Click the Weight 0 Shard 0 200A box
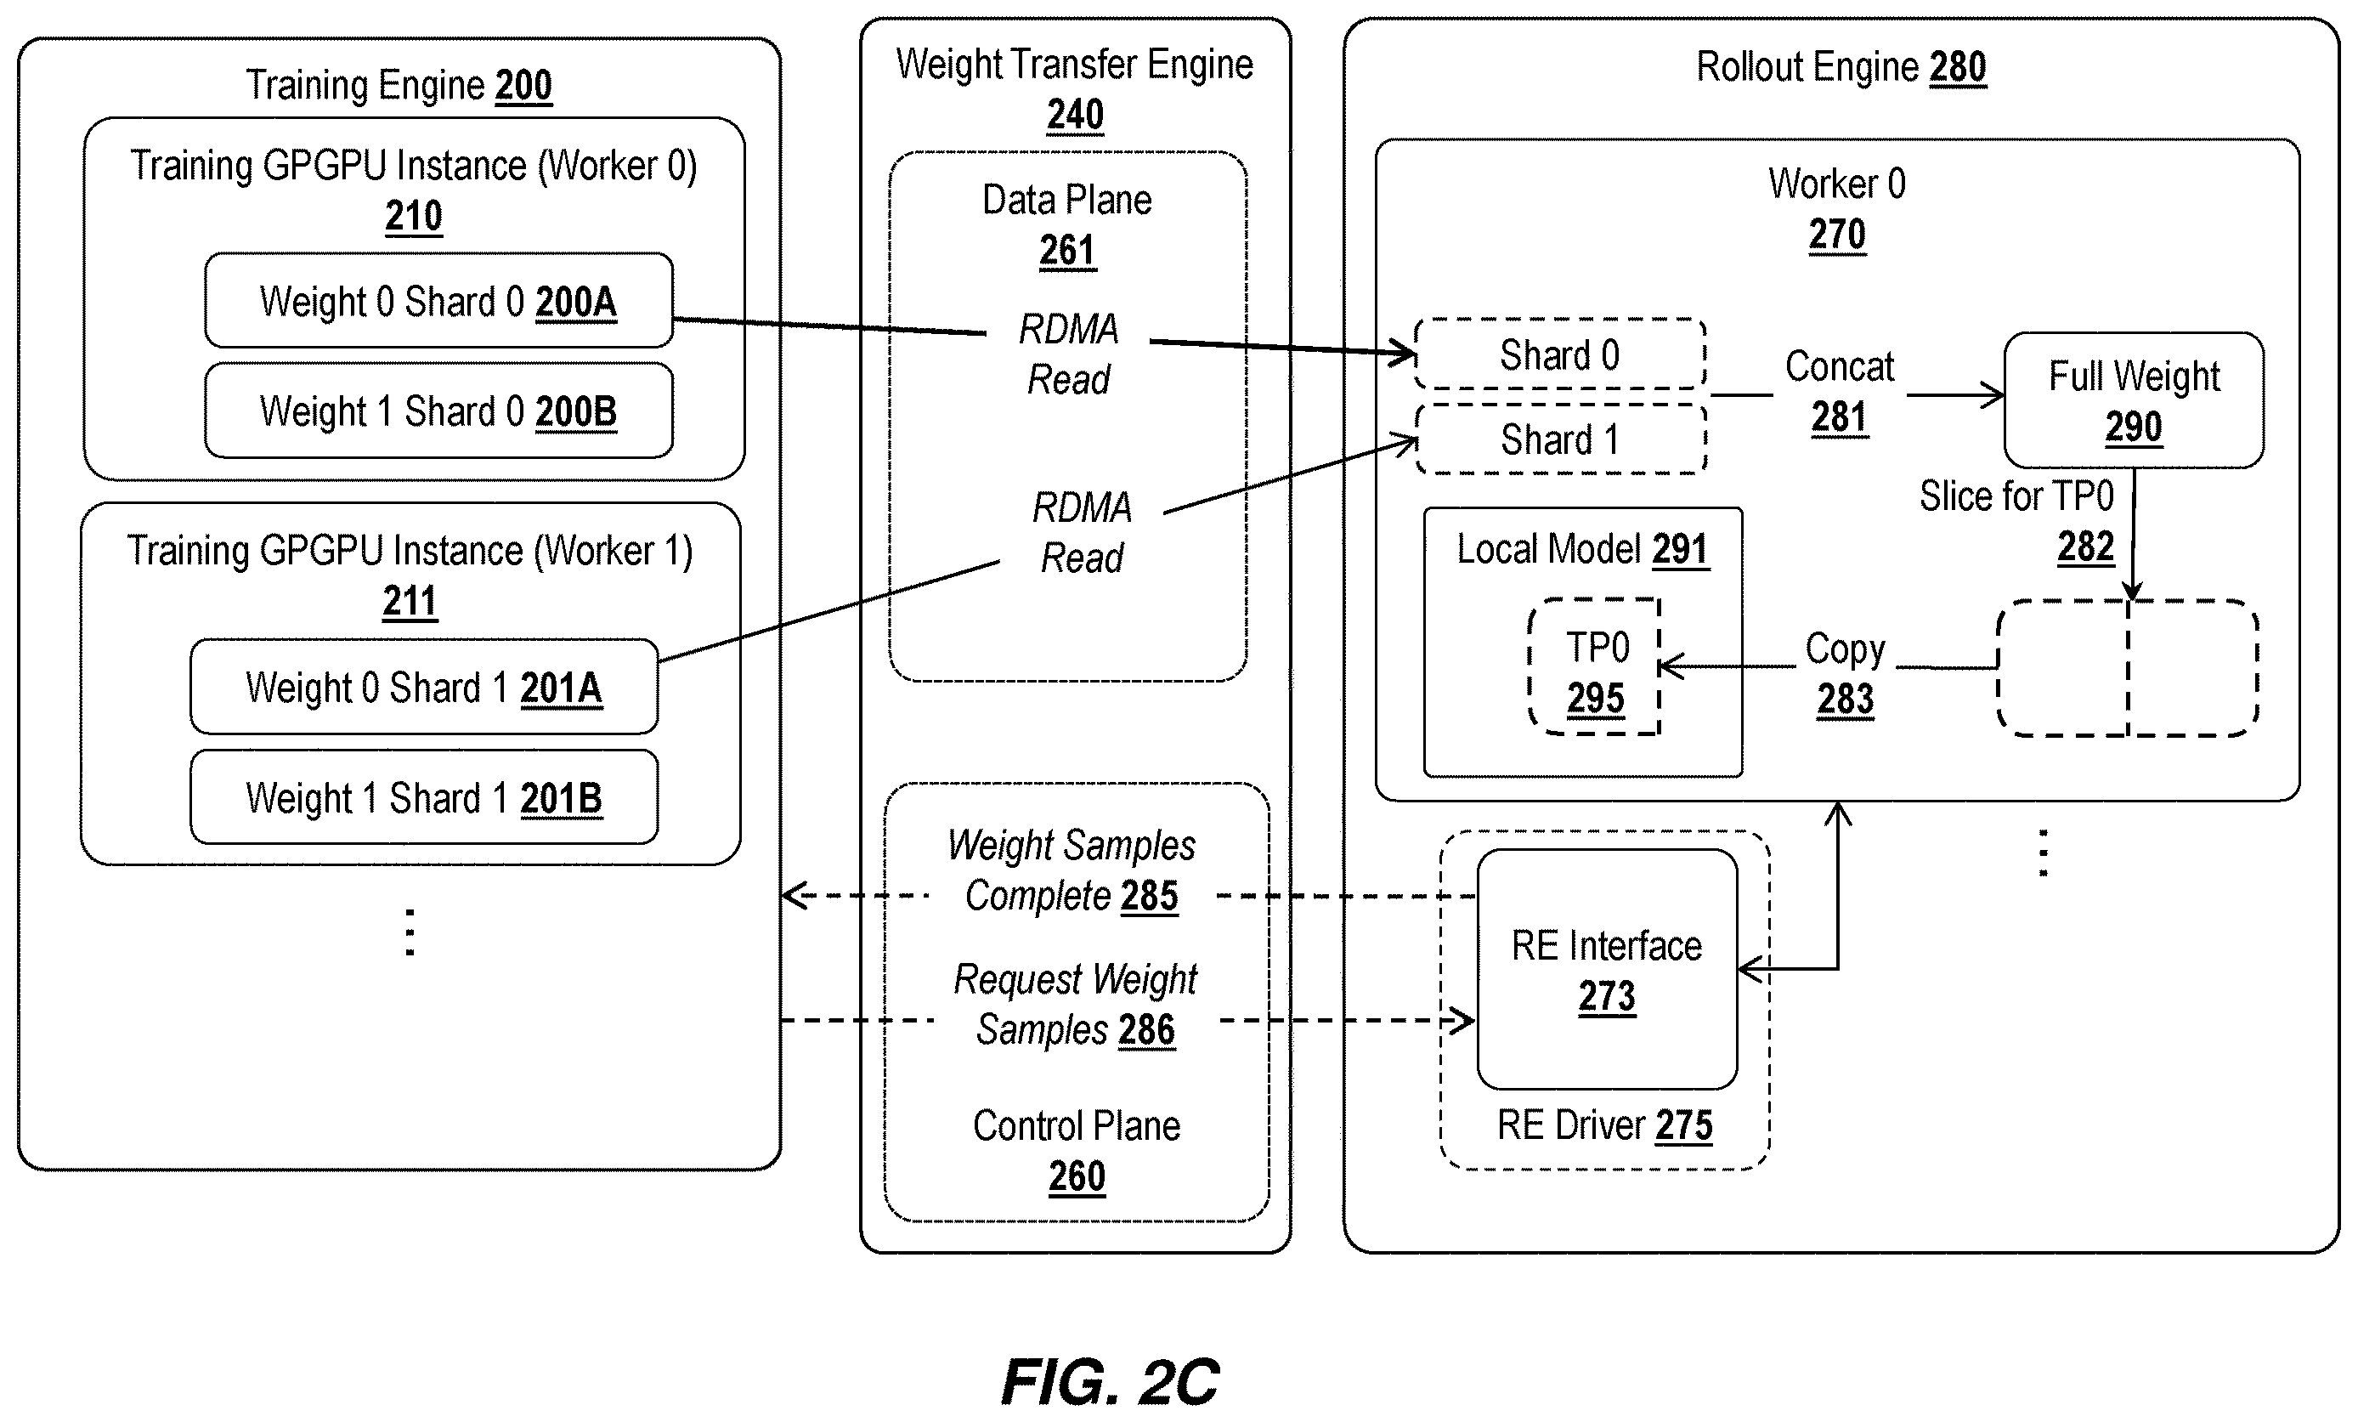click(438, 301)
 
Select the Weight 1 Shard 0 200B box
click(438, 411)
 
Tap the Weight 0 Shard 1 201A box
click(424, 687)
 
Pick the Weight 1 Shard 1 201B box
click(424, 797)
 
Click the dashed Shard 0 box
click(1560, 354)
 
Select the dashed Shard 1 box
click(1561, 439)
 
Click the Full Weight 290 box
click(2134, 400)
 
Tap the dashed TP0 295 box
click(1594, 667)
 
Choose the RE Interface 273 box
click(1607, 969)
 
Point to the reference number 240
click(1075, 115)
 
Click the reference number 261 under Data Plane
click(1067, 251)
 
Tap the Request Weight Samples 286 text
click(1076, 1005)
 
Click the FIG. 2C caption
click(1110, 1382)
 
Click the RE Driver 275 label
click(1605, 1125)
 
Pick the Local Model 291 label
click(1583, 549)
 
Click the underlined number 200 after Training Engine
click(523, 85)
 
